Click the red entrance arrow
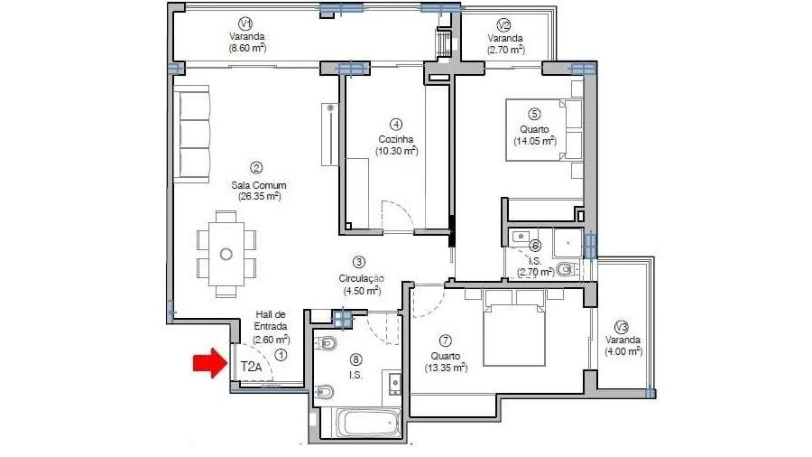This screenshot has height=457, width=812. [x=210, y=363]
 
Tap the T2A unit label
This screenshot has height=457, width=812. [x=251, y=368]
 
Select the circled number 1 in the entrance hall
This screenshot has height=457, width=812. [x=281, y=356]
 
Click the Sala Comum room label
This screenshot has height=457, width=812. [x=258, y=185]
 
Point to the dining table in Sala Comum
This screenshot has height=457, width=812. [x=226, y=254]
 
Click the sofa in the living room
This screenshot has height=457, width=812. [x=191, y=135]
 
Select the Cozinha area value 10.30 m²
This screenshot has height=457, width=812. [x=397, y=151]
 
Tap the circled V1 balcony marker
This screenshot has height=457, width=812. [x=245, y=23]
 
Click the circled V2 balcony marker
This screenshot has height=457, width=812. [x=503, y=25]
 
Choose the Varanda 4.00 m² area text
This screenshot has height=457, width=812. [x=623, y=351]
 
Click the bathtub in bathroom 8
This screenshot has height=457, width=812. [x=368, y=423]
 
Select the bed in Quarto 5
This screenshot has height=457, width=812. [x=544, y=130]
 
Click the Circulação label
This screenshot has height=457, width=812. [x=361, y=278]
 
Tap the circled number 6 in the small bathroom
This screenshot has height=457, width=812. [x=535, y=246]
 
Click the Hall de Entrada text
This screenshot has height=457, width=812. [x=271, y=321]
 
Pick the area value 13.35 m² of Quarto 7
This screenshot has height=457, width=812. [x=446, y=368]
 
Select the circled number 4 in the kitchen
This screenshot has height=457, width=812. [x=396, y=125]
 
